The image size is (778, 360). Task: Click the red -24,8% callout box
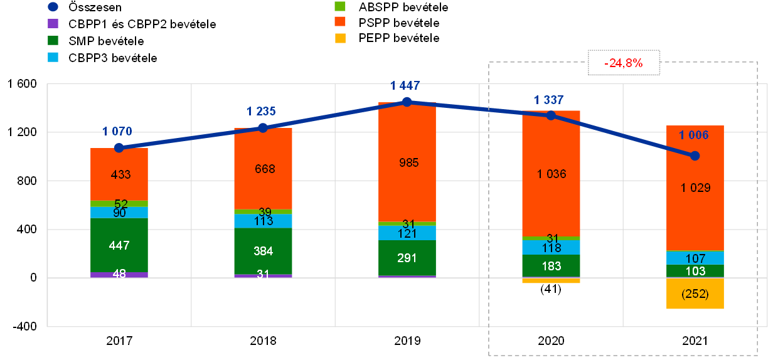pyautogui.click(x=624, y=63)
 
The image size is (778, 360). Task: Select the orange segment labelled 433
pyautogui.click(x=119, y=174)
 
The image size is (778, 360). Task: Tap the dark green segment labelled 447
pyautogui.click(x=119, y=245)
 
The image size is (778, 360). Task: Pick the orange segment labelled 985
pyautogui.click(x=407, y=162)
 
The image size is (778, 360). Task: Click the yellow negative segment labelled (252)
pyautogui.click(x=695, y=294)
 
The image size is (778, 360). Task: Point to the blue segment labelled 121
pyautogui.click(x=407, y=233)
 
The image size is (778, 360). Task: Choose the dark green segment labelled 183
pyautogui.click(x=551, y=266)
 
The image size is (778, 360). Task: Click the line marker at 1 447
pyautogui.click(x=407, y=102)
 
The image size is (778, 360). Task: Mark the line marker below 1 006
pyautogui.click(x=695, y=156)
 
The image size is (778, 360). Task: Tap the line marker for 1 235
pyautogui.click(x=263, y=127)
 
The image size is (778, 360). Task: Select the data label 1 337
pyautogui.click(x=548, y=100)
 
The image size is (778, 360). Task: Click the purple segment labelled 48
pyautogui.click(x=119, y=275)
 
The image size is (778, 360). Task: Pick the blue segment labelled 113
pyautogui.click(x=263, y=221)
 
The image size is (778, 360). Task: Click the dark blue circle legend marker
pyautogui.click(x=53, y=7)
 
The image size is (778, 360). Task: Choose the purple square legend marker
pyautogui.click(x=53, y=24)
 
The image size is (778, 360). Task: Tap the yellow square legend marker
pyautogui.click(x=340, y=39)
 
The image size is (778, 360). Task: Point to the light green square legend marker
pyautogui.click(x=340, y=6)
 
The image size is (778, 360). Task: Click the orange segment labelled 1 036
pyautogui.click(x=551, y=174)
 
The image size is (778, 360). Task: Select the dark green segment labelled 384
pyautogui.click(x=263, y=251)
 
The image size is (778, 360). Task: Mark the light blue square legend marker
pyautogui.click(x=53, y=57)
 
